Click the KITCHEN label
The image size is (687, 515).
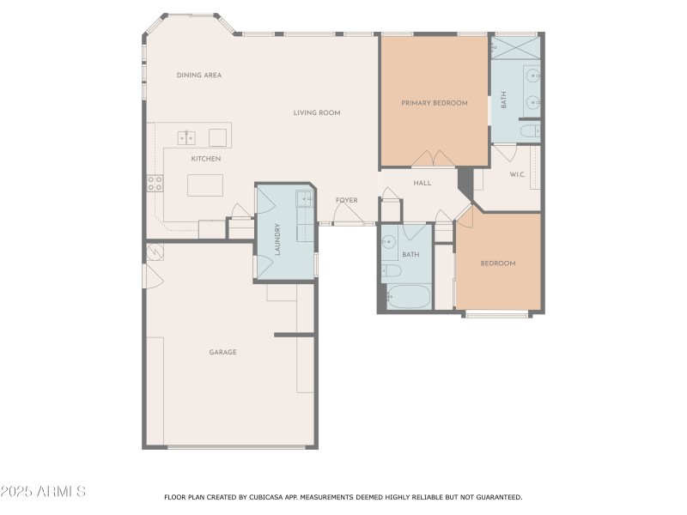pos(205,159)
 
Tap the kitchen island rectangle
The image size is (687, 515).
pos(205,185)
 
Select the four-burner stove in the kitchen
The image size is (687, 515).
pos(155,183)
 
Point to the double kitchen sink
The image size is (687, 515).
pos(187,137)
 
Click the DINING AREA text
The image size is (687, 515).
pos(199,76)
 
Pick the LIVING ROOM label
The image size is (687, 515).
pos(317,112)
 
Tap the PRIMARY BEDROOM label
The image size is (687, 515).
pos(435,103)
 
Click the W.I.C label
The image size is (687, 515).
pos(517,175)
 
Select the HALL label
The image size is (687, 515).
pos(423,183)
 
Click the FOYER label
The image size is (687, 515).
pos(346,200)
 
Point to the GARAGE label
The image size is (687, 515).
pos(222,352)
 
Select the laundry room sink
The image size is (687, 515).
pos(305,199)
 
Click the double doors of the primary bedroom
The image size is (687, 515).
pos(432,160)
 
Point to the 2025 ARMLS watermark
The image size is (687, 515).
pos(43,492)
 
